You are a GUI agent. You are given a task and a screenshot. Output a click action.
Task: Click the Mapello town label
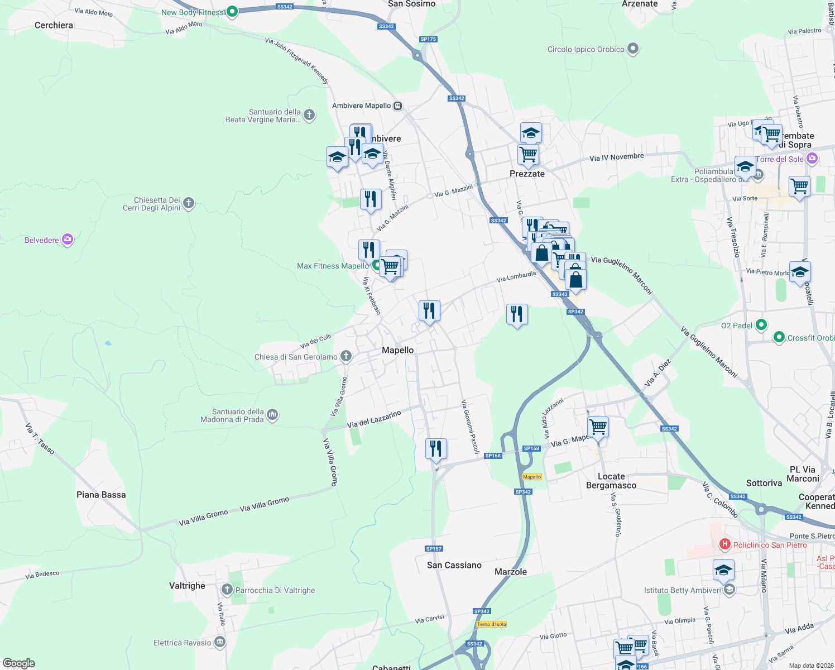(397, 350)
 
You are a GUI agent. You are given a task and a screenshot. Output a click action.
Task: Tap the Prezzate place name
(527, 174)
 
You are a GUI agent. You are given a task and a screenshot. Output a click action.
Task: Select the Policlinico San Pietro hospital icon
(725, 544)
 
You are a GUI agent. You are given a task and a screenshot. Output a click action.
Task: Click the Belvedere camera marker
(68, 240)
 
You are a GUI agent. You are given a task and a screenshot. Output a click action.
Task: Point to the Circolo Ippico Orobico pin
(632, 49)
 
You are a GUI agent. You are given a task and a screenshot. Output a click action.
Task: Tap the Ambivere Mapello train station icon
(397, 106)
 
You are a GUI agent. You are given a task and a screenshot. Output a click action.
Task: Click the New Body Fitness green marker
(232, 11)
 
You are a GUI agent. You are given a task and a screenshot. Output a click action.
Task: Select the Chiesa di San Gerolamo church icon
(346, 356)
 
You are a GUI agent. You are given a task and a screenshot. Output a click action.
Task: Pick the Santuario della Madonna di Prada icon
(272, 414)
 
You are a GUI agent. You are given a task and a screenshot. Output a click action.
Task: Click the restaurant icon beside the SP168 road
(435, 448)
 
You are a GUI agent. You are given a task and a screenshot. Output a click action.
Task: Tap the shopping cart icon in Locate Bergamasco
(598, 427)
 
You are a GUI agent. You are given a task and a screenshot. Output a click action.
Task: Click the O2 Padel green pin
(761, 324)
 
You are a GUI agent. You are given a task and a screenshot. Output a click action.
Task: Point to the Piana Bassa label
(101, 495)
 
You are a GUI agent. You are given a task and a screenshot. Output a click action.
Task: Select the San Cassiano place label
(454, 565)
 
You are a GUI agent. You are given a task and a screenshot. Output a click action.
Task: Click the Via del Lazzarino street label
(374, 419)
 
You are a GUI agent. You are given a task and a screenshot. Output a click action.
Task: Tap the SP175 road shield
(428, 39)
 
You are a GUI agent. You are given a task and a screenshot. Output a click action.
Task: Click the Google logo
(19, 663)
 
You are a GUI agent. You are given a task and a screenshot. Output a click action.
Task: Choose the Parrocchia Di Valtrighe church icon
(227, 589)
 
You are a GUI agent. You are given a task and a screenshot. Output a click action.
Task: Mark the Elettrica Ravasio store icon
(219, 642)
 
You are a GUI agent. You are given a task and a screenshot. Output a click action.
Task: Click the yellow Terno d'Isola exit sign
(491, 624)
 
